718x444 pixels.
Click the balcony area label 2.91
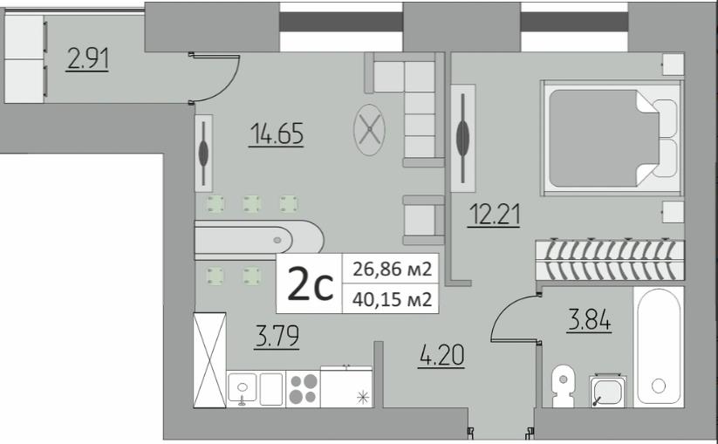click(87, 59)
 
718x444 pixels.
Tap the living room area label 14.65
click(277, 133)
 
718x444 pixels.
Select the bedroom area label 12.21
click(494, 215)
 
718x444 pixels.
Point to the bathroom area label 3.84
click(589, 319)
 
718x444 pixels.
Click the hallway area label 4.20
click(441, 355)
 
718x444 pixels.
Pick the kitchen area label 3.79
click(277, 336)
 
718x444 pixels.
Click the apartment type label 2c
click(310, 283)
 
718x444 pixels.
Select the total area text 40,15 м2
click(392, 299)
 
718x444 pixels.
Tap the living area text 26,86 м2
click(392, 269)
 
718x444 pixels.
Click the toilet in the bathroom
click(564, 386)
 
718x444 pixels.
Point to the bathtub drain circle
click(659, 386)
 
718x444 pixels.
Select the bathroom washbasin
click(608, 391)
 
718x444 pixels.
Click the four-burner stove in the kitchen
click(303, 389)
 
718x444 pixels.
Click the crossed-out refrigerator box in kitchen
click(209, 359)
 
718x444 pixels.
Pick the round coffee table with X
click(370, 130)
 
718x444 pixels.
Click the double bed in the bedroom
click(612, 138)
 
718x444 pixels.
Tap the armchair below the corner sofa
click(423, 220)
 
